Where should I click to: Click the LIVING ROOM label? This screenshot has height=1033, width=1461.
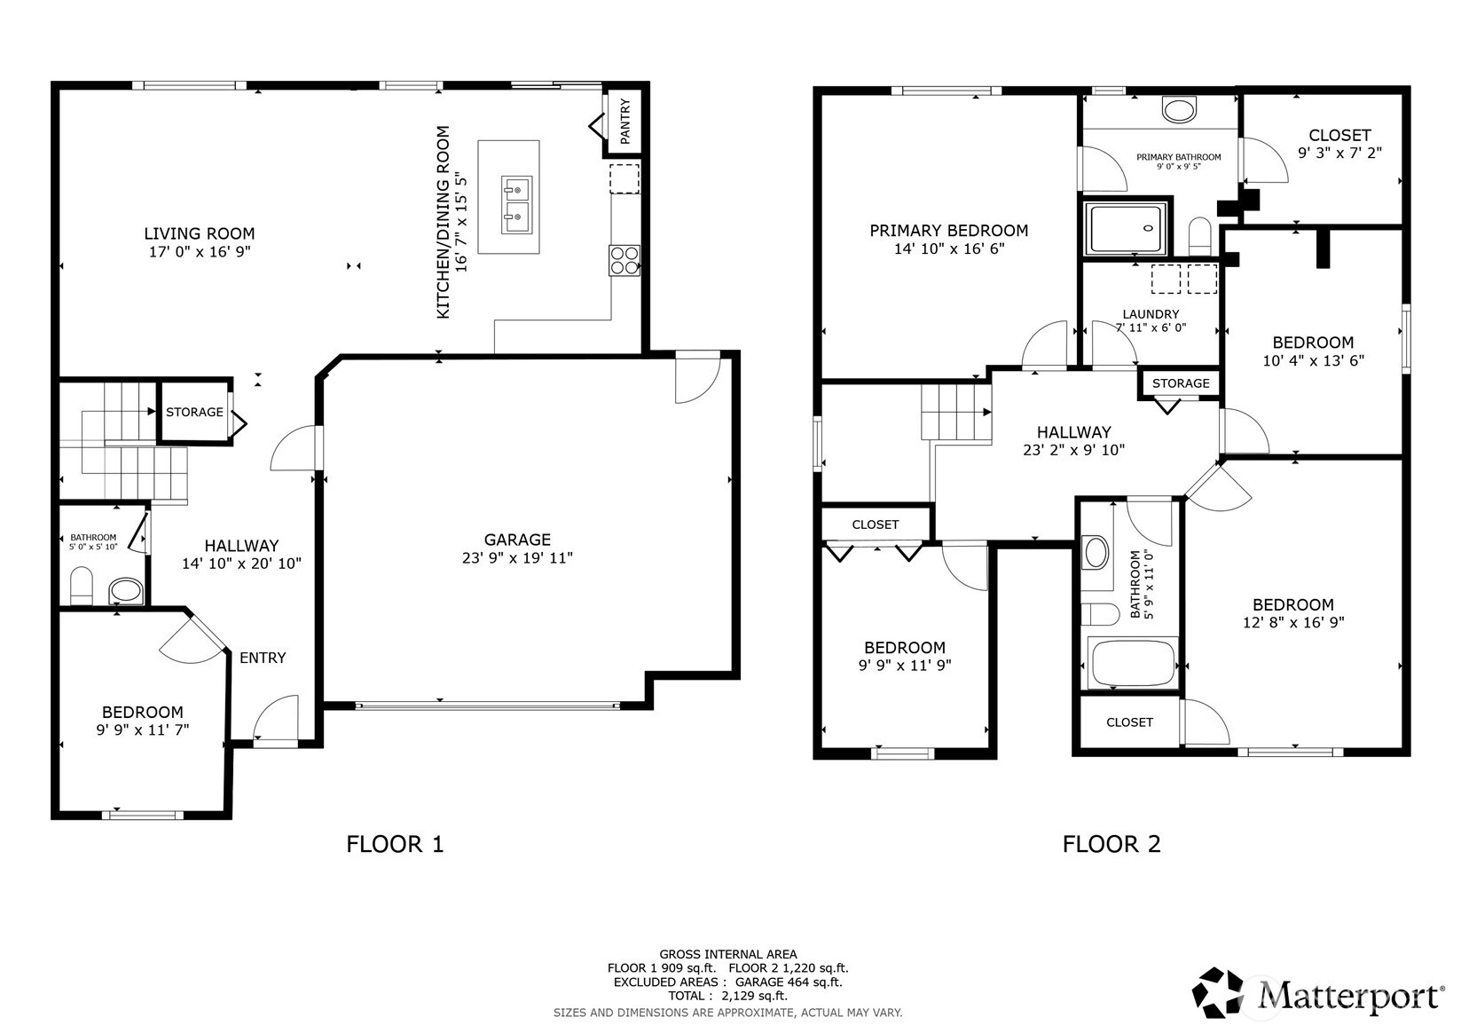click(x=199, y=233)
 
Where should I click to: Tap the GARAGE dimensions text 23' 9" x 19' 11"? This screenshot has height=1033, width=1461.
click(x=517, y=558)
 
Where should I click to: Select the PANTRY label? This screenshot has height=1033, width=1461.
click(x=625, y=122)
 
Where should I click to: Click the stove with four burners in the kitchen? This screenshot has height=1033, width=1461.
click(x=624, y=260)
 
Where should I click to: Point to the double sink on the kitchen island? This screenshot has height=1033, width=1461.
click(x=516, y=204)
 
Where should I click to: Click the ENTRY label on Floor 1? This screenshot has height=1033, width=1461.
click(x=263, y=658)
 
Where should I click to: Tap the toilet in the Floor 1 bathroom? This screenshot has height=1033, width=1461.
click(x=82, y=586)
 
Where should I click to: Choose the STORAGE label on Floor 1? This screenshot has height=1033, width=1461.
click(x=194, y=413)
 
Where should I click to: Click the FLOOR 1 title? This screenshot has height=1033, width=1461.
click(x=396, y=844)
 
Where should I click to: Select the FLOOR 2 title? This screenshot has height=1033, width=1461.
click(x=1112, y=844)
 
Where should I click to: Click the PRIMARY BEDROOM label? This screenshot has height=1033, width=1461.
click(x=949, y=231)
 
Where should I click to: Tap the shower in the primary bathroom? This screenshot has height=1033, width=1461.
click(x=1126, y=228)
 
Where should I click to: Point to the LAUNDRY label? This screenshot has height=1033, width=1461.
click(x=1151, y=314)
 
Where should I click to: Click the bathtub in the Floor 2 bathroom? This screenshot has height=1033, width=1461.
click(x=1132, y=663)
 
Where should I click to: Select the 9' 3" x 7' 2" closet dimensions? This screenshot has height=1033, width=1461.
click(x=1339, y=153)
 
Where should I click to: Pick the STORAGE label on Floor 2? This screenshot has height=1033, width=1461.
click(x=1181, y=383)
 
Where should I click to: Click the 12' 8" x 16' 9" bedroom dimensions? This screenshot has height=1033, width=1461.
click(x=1293, y=622)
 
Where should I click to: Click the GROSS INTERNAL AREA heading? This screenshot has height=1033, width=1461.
click(x=728, y=954)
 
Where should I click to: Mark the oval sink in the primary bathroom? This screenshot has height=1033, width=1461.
click(x=1179, y=109)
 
